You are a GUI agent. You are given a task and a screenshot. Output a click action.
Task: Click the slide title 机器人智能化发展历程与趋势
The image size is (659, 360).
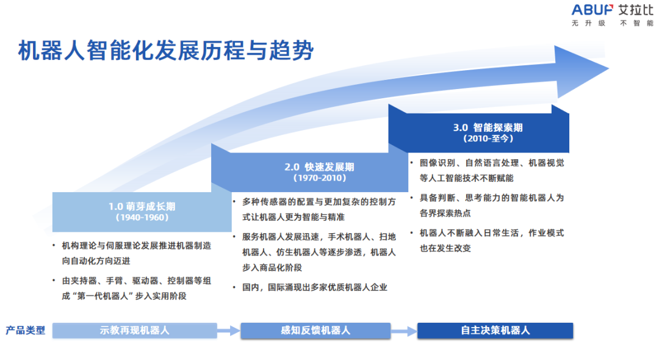165,51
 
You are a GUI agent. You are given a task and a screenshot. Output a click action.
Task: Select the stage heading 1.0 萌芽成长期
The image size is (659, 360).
142,206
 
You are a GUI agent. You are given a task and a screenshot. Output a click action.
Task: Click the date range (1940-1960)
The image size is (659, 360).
142,217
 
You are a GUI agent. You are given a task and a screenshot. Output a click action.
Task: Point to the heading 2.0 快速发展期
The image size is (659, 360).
319,167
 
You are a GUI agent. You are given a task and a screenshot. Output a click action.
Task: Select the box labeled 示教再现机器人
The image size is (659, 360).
134,331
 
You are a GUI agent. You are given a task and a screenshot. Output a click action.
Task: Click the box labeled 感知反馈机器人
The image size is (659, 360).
315,331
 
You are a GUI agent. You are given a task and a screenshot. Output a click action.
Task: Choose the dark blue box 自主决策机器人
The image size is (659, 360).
495,331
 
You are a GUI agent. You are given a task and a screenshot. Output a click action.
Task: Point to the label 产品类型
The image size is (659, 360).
26,331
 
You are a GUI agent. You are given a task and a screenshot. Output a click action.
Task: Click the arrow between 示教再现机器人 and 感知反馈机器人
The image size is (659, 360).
229,331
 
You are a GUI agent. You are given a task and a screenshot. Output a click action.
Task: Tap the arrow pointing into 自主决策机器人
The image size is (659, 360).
403,331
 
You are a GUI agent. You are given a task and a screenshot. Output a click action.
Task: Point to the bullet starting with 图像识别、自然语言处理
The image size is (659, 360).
491,170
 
